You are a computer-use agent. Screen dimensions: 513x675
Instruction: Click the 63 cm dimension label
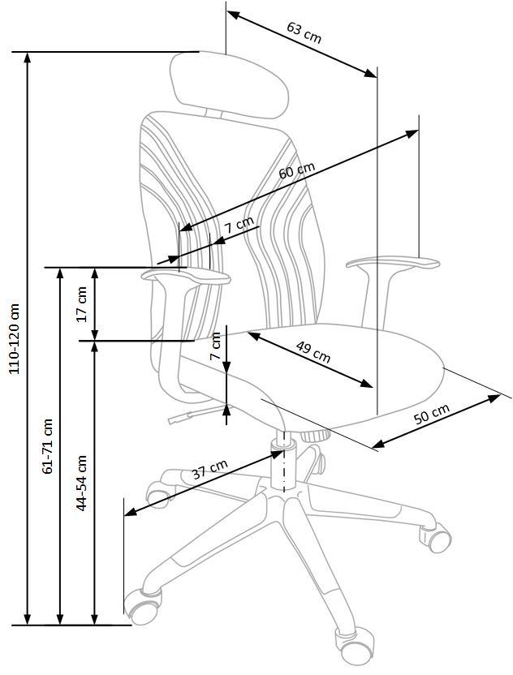(304, 32)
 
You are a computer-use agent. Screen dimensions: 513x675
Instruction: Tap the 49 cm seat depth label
(313, 352)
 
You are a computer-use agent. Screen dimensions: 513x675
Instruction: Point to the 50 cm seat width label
(432, 413)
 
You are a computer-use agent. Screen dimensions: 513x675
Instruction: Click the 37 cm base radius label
(209, 469)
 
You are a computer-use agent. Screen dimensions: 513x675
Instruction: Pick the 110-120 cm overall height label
(15, 338)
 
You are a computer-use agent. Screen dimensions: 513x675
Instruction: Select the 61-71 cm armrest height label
(47, 446)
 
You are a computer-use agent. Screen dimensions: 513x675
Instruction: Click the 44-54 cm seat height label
(81, 483)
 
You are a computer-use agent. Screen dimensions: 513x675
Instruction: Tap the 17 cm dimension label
(81, 304)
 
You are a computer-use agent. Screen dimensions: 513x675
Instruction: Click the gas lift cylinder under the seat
(283, 464)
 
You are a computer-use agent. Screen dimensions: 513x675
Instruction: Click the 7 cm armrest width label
(239, 225)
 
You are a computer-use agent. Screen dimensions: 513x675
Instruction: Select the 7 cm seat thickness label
(215, 346)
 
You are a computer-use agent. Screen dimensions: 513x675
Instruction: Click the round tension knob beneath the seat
(315, 436)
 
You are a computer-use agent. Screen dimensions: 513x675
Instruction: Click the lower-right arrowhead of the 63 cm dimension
(370, 73)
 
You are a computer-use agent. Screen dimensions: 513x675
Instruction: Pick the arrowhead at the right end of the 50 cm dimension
(494, 398)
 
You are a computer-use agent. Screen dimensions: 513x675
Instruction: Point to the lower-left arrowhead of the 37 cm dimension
(131, 511)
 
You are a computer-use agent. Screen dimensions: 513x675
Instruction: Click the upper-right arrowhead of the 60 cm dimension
(412, 134)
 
